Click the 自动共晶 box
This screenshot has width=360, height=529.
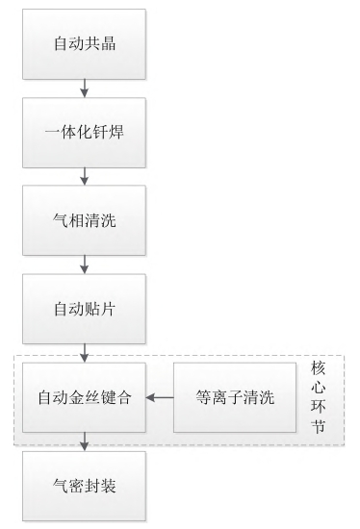(85, 45)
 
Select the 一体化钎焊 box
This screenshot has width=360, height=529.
(85, 133)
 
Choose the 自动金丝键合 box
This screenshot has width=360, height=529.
(85, 397)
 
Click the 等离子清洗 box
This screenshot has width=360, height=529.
(234, 397)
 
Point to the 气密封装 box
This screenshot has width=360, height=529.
(85, 486)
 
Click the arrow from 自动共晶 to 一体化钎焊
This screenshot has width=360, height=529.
(85, 89)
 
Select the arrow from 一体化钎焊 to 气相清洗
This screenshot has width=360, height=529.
(85, 176)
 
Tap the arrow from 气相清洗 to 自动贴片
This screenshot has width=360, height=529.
(85, 264)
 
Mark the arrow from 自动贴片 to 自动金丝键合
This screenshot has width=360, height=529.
(85, 352)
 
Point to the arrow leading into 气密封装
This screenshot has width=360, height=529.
(85, 441)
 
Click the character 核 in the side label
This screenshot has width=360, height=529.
(319, 369)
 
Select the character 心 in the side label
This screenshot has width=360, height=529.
(319, 389)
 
